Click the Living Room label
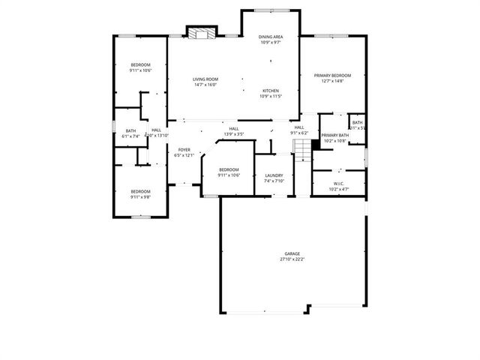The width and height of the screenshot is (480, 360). pos(205,79)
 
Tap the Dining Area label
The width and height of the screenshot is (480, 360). pos(271,37)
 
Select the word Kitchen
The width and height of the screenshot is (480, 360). pos(271,91)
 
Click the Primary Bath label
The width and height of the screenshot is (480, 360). pos(334,135)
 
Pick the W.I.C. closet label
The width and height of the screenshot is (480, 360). pos(338,183)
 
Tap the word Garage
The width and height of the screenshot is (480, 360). pos(292,254)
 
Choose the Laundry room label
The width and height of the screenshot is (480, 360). pos(274,175)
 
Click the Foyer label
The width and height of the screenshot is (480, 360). pos(184,150)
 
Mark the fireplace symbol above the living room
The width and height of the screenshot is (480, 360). pos(200,33)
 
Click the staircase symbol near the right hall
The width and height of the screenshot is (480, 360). pos(301,153)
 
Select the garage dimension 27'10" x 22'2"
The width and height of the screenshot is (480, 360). pos(292,259)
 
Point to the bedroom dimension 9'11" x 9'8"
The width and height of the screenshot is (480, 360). pos(140,196)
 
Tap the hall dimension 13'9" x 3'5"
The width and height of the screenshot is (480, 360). pos(234,134)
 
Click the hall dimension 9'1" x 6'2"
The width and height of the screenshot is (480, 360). pos(298,133)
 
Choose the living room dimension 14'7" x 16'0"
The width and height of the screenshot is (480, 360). pos(205,85)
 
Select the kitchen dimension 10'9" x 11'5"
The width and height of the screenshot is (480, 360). pos(271,96)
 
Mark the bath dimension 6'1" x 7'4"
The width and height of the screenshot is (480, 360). pos(131,136)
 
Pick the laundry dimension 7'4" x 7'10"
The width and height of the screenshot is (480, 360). pos(274,181)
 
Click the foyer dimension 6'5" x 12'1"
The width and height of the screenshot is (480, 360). pos(184,155)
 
